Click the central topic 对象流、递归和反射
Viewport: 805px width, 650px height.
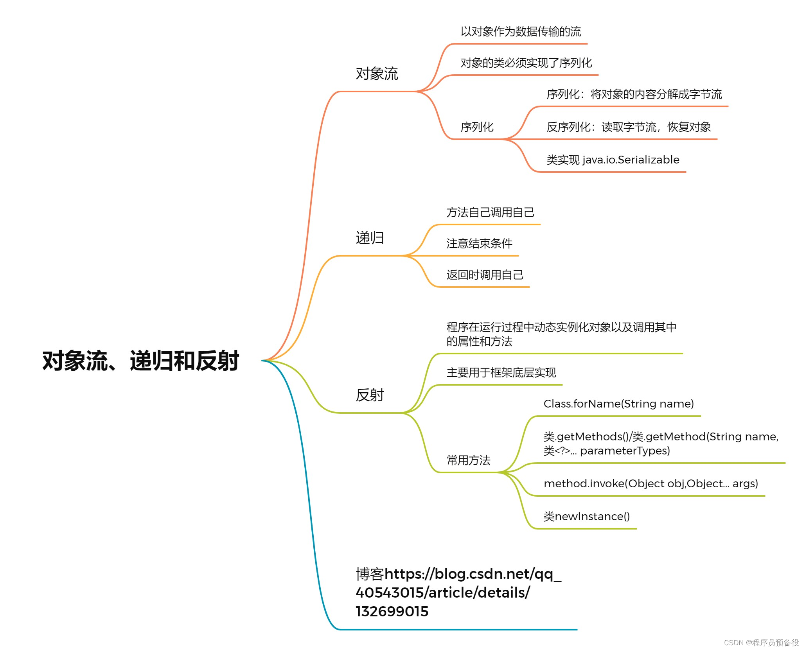pyautogui.click(x=140, y=361)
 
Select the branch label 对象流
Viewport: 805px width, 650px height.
pyautogui.click(x=377, y=74)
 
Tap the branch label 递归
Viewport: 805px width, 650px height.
pyautogui.click(x=370, y=238)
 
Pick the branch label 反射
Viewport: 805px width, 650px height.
pyautogui.click(x=370, y=395)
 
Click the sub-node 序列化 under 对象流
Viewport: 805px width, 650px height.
pyautogui.click(x=477, y=127)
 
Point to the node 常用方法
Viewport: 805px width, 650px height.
pyautogui.click(x=468, y=460)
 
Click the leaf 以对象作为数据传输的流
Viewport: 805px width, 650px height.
pyautogui.click(x=521, y=31)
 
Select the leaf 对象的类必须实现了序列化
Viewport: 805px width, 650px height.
pyautogui.click(x=526, y=63)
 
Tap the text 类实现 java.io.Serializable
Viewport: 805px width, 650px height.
pyautogui.click(x=613, y=160)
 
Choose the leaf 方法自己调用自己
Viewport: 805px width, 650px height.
pyautogui.click(x=490, y=212)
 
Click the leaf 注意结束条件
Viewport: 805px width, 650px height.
pyautogui.click(x=479, y=243)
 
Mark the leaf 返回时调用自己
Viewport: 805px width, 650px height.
pyautogui.click(x=485, y=275)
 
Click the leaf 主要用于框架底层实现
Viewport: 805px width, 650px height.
pyautogui.click(x=501, y=372)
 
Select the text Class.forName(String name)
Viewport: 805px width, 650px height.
pyautogui.click(x=618, y=404)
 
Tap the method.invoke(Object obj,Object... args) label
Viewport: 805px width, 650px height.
pyautogui.click(x=650, y=483)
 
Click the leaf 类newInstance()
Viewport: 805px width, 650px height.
pyautogui.click(x=586, y=516)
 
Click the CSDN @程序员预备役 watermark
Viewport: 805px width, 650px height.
pyautogui.click(x=761, y=643)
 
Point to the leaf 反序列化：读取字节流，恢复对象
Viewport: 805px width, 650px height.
pyautogui.click(x=628, y=127)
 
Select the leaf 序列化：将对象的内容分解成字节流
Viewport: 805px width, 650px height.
pyautogui.click(x=634, y=94)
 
